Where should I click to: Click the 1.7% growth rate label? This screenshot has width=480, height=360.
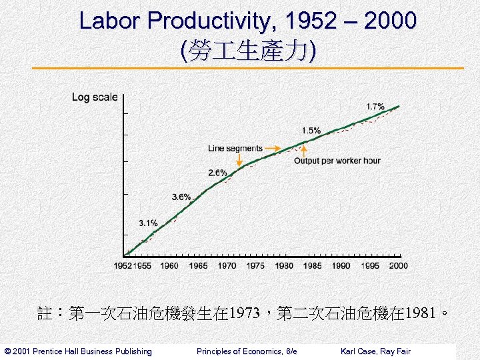(375, 107)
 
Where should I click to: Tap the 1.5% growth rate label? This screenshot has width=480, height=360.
(311, 131)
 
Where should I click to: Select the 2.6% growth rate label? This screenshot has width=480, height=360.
(217, 173)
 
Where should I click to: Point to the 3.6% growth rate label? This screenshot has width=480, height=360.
(181, 197)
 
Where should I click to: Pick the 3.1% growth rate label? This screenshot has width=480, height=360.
(149, 223)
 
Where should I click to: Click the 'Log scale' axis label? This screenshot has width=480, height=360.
(95, 97)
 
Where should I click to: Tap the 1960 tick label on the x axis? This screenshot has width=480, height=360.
(169, 265)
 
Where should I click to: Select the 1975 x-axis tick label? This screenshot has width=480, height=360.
(255, 265)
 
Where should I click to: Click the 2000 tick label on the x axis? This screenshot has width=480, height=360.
(398, 265)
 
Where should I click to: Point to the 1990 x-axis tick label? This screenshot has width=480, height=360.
(341, 265)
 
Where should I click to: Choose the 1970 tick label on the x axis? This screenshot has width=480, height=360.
(227, 265)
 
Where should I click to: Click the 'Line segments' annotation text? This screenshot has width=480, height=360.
(235, 148)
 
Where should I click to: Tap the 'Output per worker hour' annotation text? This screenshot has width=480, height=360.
(337, 161)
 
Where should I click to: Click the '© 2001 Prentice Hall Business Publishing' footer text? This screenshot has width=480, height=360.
(78, 351)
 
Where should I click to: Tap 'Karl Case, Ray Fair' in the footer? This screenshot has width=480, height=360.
(375, 351)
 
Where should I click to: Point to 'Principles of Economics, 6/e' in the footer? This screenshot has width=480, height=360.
(247, 351)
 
